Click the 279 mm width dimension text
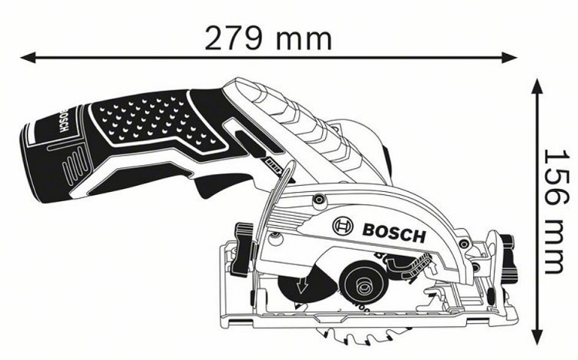click(268, 38)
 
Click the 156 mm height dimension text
click(556, 211)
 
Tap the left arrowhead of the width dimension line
click(28, 58)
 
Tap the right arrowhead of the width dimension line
click(509, 58)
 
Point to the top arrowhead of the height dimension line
click(536, 87)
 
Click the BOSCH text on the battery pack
click(63, 120)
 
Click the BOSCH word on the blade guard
click(394, 233)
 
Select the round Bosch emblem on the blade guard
click(342, 226)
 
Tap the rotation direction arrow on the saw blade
click(302, 286)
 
